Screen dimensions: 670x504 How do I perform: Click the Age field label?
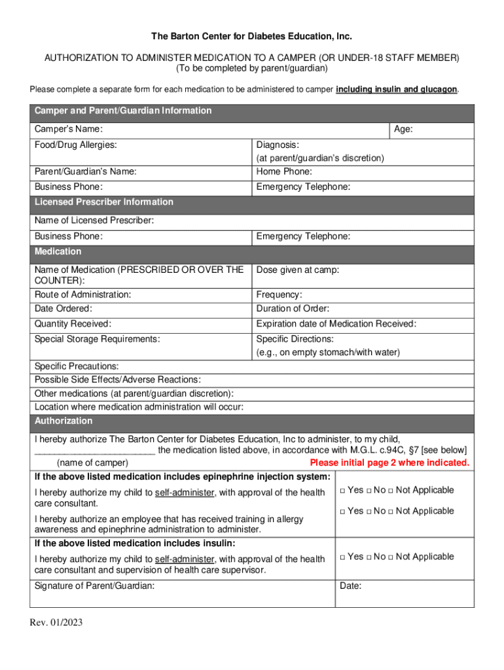(403, 130)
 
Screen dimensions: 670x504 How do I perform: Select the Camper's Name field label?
(68, 130)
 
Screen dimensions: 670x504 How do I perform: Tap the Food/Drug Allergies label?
(76, 145)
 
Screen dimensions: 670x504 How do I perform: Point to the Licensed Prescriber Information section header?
(104, 202)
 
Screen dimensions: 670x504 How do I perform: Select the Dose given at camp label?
(298, 270)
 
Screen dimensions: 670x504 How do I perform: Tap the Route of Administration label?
(82, 294)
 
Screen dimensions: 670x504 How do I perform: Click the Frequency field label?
(279, 294)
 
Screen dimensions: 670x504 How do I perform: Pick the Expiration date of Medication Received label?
(336, 323)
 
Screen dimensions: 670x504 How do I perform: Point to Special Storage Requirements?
(97, 339)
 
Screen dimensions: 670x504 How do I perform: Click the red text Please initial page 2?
(389, 463)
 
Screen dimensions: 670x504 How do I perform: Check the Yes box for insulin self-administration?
(342, 557)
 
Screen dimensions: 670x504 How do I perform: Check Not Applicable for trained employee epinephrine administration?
(391, 511)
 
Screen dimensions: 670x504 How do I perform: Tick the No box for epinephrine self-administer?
(369, 491)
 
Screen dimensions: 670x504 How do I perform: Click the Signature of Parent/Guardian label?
(94, 586)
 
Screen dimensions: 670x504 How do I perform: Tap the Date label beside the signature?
(351, 586)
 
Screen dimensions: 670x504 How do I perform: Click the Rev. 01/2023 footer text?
(56, 622)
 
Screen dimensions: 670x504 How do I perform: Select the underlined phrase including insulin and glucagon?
(396, 90)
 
